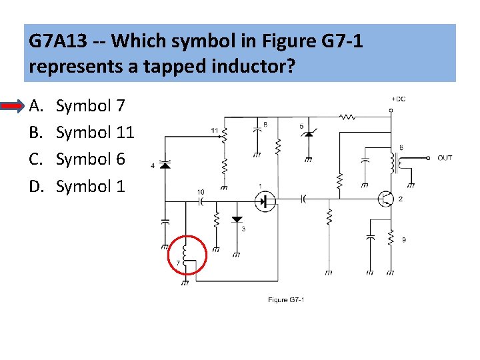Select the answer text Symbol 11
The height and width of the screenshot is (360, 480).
coord(95,133)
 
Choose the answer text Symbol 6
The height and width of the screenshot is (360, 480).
coord(90,159)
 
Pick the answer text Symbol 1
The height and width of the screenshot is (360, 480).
coord(90,186)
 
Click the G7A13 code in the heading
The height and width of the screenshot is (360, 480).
coord(59,41)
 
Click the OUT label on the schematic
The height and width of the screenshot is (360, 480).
coord(445,158)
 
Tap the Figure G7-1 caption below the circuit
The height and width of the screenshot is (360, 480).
coord(286,300)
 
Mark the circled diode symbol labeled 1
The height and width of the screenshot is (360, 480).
coord(265,199)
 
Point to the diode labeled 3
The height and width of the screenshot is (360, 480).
coord(236,219)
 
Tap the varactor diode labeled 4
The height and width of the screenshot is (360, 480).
coord(166,165)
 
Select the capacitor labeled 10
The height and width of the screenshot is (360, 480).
coord(200,201)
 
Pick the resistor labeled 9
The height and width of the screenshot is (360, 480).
coord(391,239)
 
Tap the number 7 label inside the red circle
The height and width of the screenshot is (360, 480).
coord(178,263)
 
